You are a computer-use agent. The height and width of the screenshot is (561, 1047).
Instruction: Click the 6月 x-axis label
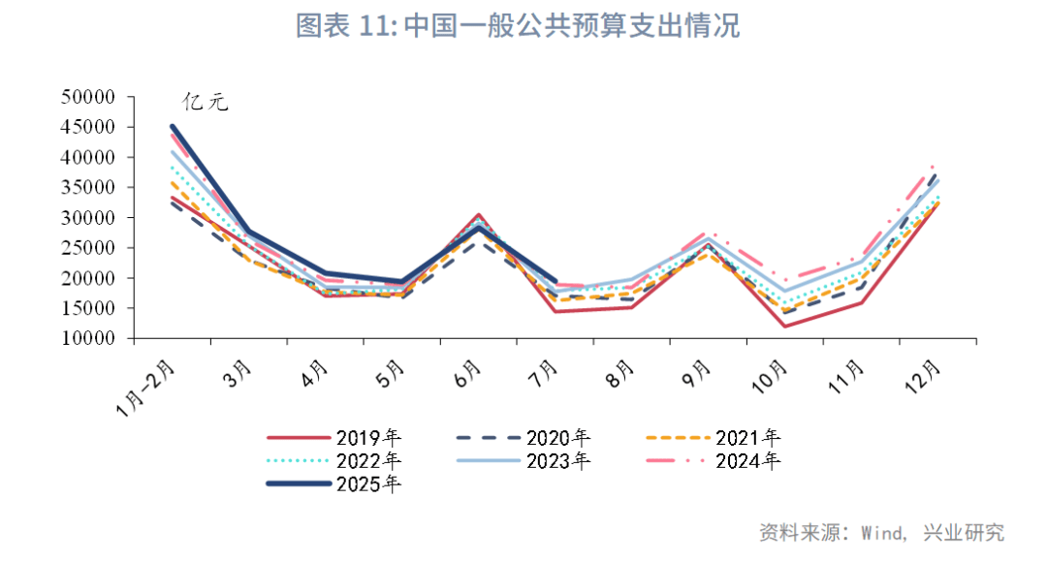pyautogui.click(x=468, y=374)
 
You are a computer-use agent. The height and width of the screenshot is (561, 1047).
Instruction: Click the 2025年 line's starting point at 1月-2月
pyautogui.click(x=173, y=126)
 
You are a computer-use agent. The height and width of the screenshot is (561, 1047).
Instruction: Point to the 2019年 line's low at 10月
pyautogui.click(x=784, y=326)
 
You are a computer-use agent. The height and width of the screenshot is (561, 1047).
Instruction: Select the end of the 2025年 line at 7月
pyautogui.click(x=555, y=280)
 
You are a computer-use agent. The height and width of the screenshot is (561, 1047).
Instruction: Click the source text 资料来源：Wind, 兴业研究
pyautogui.click(x=880, y=532)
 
